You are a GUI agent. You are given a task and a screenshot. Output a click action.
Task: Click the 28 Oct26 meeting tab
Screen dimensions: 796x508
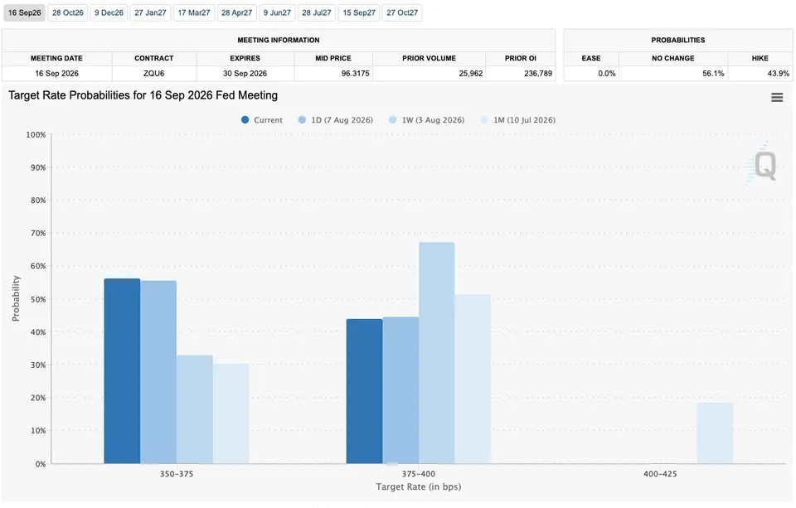coord(67,12)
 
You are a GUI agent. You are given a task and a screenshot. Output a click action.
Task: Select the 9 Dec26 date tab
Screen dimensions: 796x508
coord(109,12)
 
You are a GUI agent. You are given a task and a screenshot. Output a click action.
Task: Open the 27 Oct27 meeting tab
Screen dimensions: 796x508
coord(402,12)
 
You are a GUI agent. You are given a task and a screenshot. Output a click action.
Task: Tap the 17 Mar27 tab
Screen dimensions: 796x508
coord(193,12)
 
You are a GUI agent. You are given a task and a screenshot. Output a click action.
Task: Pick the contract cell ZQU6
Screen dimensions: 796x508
coord(154,74)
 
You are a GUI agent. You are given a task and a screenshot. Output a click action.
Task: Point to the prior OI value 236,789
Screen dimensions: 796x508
coord(538,74)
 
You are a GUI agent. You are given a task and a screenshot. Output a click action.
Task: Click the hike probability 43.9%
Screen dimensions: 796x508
coord(779,74)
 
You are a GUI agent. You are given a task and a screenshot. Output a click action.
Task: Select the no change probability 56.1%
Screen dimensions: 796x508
coord(713,74)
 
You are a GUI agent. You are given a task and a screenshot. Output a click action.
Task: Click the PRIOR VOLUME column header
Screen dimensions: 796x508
coord(429,58)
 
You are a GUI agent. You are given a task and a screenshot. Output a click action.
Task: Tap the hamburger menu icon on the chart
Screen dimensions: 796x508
coord(777,98)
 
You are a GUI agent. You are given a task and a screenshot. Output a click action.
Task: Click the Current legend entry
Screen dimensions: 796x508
coord(261,120)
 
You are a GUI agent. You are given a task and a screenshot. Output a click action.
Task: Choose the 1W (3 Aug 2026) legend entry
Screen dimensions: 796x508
coord(426,120)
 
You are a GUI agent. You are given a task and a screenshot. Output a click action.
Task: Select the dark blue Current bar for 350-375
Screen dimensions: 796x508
coord(123,371)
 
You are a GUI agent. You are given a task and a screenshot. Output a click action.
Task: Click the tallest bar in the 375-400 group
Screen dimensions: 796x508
coord(437,353)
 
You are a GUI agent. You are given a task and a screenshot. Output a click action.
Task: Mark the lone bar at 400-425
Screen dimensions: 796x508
coord(715,433)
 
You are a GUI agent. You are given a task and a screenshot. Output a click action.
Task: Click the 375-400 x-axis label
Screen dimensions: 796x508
coord(418,474)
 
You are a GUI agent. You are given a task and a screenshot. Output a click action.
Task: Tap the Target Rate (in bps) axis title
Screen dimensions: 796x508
coord(418,487)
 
